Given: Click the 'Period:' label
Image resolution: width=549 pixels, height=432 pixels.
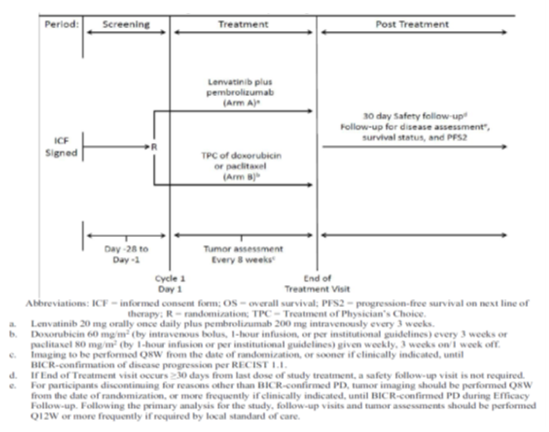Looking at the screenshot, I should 61,24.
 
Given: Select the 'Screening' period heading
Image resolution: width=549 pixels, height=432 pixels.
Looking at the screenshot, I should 126,24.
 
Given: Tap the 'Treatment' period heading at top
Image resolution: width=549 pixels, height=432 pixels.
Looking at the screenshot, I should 243,24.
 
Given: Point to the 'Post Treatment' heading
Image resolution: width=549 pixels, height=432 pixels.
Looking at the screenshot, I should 412,24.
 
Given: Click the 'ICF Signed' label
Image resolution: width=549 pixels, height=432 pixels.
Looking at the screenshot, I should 61,147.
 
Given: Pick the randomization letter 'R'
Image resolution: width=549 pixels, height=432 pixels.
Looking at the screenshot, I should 154,147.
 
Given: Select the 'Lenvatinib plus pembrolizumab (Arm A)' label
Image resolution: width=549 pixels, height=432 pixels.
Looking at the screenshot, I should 240,92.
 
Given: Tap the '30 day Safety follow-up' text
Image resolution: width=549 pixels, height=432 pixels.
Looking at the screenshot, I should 414,116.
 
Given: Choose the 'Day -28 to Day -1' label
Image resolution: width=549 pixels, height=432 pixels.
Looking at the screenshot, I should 126,254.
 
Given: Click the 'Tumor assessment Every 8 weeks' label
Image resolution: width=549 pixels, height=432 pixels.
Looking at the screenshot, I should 243,254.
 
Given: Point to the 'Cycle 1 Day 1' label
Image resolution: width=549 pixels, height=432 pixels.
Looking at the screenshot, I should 170,284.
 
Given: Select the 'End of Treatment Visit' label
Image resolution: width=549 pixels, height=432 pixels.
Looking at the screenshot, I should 317,284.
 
